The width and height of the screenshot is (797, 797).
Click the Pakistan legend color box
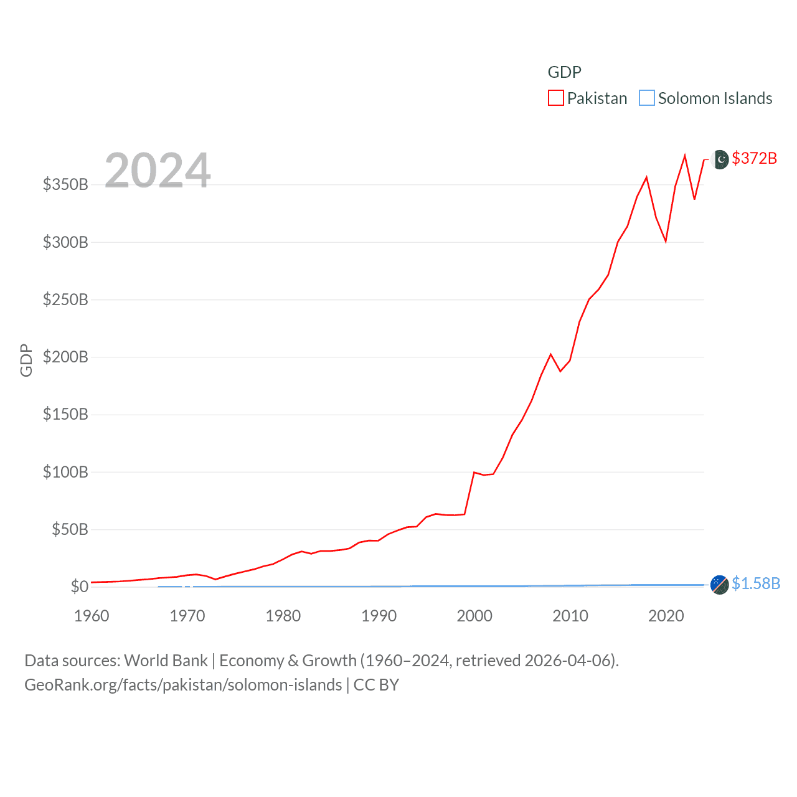555,98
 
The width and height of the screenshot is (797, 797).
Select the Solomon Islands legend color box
647,98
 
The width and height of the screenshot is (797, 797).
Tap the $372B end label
754,158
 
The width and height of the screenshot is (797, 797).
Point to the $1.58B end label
755,583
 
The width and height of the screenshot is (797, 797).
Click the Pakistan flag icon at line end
720,159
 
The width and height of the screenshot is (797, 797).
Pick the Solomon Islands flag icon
719,585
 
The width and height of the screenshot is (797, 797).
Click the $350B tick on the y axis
65,184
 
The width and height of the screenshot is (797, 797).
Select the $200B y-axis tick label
65,357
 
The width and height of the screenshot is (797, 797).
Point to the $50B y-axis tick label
70,529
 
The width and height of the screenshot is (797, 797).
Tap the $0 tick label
79,587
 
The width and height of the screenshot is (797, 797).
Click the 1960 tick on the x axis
92,616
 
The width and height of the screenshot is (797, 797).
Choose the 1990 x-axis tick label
379,616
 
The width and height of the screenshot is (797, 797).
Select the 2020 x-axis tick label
666,616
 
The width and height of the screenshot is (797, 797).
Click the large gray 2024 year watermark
158,171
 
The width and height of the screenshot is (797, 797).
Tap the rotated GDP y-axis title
26,360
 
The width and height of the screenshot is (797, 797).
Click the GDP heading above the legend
564,72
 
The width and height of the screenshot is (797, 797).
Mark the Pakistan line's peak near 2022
685,156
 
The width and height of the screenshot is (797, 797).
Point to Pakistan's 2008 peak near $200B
550,354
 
